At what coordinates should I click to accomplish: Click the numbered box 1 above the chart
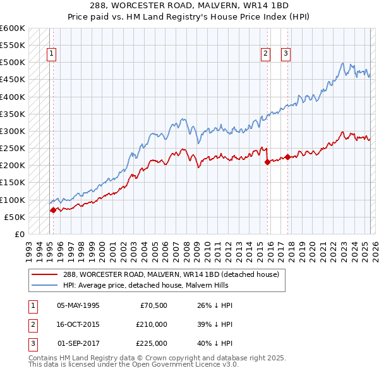[51, 54]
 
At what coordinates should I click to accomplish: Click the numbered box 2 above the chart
[266, 54]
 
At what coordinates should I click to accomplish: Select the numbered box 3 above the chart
[286, 54]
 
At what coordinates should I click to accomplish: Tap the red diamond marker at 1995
[53, 211]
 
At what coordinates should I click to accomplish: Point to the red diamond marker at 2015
[267, 162]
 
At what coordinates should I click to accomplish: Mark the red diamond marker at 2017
[287, 157]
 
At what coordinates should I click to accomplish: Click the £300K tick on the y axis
[13, 131]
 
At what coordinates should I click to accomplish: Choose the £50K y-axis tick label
[15, 217]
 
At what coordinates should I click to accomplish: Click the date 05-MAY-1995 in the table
[78, 305]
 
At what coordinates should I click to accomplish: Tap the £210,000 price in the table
[151, 324]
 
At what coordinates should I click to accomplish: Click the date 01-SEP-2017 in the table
[78, 343]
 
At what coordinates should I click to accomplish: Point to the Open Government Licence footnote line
[133, 365]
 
